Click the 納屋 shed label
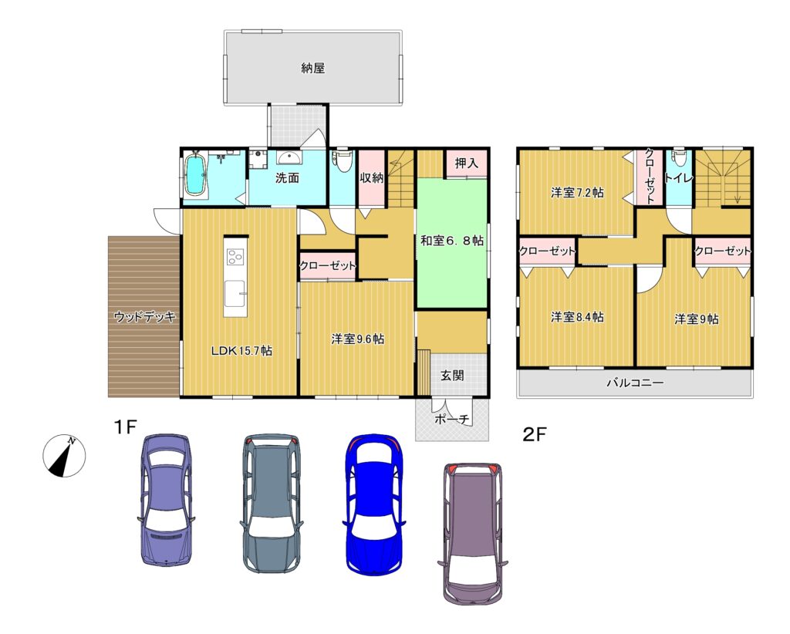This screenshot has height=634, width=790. [x=313, y=68]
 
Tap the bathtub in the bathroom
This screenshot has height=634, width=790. [x=197, y=174]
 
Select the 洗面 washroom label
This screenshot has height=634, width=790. [x=287, y=177]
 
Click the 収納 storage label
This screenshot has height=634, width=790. [x=372, y=177]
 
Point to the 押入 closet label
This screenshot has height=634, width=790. [x=466, y=163]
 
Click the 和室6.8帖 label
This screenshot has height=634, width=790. [x=452, y=241]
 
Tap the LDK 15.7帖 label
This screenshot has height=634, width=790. [x=241, y=351]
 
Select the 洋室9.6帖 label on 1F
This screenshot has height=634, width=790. [x=358, y=339]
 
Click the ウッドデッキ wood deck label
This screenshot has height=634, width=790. [x=144, y=317]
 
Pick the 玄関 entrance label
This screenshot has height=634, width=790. [x=452, y=375]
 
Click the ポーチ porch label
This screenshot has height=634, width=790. [x=452, y=419]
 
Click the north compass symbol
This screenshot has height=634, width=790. [x=64, y=456]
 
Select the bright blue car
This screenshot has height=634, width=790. [x=373, y=505]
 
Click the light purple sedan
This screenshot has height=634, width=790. [x=166, y=500]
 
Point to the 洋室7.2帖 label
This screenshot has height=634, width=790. [x=577, y=193]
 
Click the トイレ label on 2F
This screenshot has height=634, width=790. [x=679, y=177]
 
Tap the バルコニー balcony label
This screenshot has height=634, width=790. [x=635, y=383]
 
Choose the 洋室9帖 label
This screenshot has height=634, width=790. [x=697, y=319]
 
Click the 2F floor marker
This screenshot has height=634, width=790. [x=535, y=434]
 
